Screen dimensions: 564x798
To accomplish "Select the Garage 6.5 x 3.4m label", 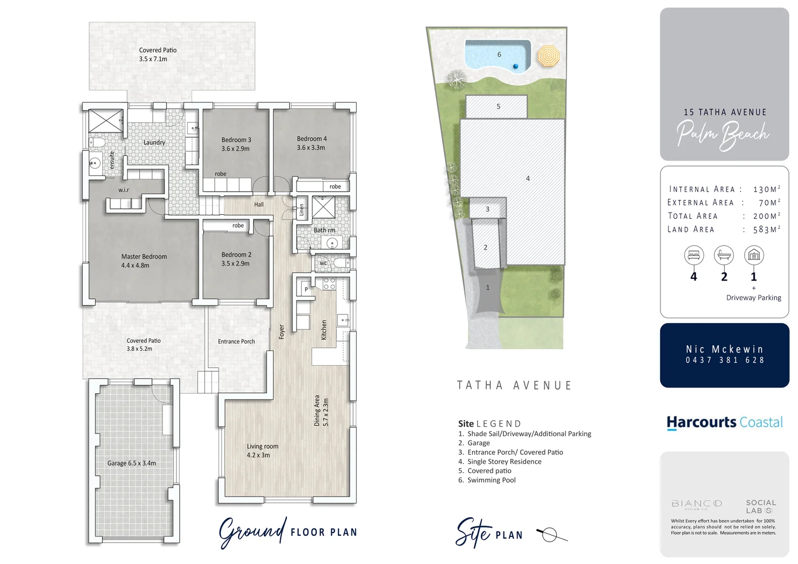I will coord(132,463).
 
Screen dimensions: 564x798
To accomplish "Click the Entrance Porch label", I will coord(236,342).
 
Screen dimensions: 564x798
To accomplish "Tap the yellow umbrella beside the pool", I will coord(548,56).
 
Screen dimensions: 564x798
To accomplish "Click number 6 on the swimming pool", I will coord(499,54).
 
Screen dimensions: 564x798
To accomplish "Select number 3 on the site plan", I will coord(487,209).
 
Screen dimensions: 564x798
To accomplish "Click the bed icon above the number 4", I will coord(694,255).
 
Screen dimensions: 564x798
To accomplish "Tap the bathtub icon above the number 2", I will coord(724,255).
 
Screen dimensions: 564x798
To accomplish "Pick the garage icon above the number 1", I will coord(754,255).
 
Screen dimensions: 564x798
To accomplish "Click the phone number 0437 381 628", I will coord(725,360).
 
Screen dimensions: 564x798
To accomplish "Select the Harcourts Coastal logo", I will coord(724,422).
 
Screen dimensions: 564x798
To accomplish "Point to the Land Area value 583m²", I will coord(766,229).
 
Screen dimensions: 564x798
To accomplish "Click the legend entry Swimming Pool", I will coord(491,480).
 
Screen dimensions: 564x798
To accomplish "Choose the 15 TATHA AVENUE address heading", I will coord(725,112).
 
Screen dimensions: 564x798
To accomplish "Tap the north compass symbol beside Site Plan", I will coord(549,535).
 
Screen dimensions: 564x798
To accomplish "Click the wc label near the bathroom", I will coord(323,263).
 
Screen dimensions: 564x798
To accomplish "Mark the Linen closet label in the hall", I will coord(301,210).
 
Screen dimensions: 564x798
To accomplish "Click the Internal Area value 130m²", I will coord(766,189).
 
